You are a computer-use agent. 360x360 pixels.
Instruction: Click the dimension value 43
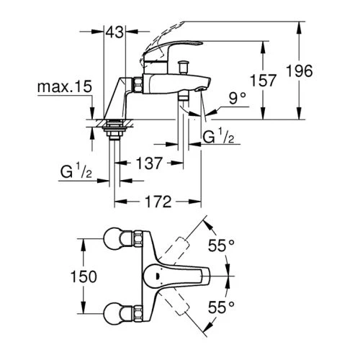pos(114,32)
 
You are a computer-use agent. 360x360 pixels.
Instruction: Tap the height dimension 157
pos(267,80)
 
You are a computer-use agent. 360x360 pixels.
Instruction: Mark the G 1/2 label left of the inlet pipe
pos(75,174)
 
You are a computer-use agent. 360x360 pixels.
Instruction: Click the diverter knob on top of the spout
pos(185,68)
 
